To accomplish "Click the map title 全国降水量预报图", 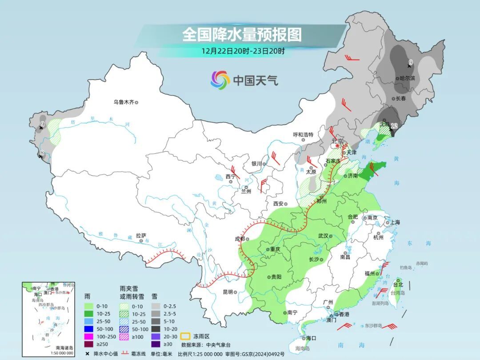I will pyautogui.click(x=242, y=34).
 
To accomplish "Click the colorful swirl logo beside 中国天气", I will pyautogui.click(x=220, y=80).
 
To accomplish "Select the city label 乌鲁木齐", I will pyautogui.click(x=123, y=102).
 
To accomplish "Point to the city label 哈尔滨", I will pyautogui.click(x=407, y=78).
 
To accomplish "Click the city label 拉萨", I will pyautogui.click(x=141, y=236).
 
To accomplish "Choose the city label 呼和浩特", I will pyautogui.click(x=303, y=134).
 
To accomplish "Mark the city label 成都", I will pyautogui.click(x=240, y=239).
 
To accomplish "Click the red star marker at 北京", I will pyautogui.click(x=337, y=146).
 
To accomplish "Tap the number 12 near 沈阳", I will pyautogui.click(x=393, y=126).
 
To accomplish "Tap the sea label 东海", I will pyautogui.click(x=418, y=244).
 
